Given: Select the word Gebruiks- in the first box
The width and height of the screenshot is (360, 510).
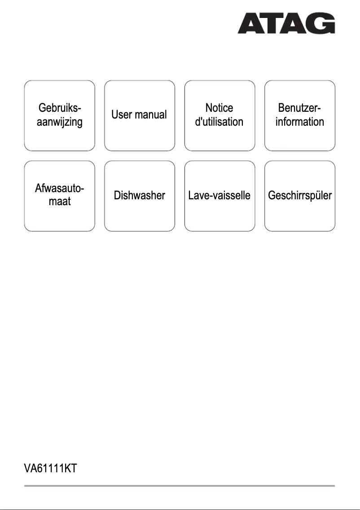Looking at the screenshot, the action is tap(60, 108).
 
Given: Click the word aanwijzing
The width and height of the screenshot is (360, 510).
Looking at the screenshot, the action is tap(60, 122).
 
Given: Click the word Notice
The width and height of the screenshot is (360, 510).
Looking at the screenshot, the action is tap(219, 108).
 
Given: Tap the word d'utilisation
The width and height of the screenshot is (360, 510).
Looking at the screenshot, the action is tap(219, 122).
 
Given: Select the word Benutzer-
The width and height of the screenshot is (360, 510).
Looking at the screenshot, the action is tap(299, 108).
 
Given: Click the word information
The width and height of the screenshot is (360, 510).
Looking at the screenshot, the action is tap(299, 122).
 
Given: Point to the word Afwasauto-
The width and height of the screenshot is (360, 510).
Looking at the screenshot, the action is tap(60, 189).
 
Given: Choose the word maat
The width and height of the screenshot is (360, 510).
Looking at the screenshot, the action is tap(60, 202).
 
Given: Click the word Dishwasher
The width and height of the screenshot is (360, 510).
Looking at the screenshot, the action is tap(139, 196).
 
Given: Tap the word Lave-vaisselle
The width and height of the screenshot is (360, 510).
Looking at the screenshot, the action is tap(220, 196).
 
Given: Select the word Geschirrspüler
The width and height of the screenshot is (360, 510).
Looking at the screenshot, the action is tap(299, 196).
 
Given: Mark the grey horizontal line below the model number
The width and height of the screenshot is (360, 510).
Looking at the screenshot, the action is tap(180, 485).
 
